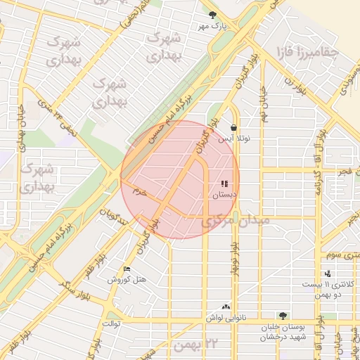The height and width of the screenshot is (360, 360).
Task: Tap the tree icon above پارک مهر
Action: [x=212, y=14]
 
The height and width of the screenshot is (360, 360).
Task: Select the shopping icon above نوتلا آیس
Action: [x=233, y=128]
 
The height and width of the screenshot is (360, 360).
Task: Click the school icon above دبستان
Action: [x=224, y=184]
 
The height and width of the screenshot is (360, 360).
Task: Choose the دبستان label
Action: [x=225, y=195]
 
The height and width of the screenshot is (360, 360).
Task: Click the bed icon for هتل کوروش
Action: [x=127, y=269]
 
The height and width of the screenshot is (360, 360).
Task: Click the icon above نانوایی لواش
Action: [x=226, y=307]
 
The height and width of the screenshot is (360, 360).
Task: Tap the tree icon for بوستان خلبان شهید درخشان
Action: [x=283, y=316]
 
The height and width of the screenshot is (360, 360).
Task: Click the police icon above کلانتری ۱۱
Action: [x=328, y=274]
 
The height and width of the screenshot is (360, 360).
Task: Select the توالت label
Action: [x=112, y=324]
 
